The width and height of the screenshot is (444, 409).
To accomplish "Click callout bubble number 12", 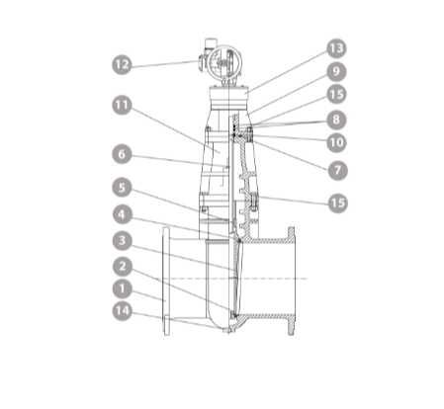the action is click(x=122, y=64).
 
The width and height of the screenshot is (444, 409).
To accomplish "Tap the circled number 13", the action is click(x=336, y=48).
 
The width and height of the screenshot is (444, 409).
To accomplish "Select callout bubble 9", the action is click(x=336, y=71).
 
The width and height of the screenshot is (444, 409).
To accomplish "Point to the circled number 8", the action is click(x=336, y=120).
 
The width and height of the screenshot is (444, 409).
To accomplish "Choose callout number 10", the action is click(x=336, y=142).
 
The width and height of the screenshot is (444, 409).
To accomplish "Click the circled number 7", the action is click(x=338, y=170).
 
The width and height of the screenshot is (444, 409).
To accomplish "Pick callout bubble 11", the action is click(x=122, y=106).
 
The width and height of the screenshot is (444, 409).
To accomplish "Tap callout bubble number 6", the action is click(x=122, y=154).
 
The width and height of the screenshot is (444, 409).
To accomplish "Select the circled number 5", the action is click(x=122, y=188).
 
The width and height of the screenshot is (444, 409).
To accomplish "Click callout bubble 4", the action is click(x=123, y=214).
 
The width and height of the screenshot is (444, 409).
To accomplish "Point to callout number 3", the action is click(x=123, y=240).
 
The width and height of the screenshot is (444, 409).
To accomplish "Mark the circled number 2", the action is click(x=123, y=267).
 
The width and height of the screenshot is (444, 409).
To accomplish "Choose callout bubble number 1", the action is click(x=122, y=288).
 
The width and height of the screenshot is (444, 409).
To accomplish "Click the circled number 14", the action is click(x=122, y=311).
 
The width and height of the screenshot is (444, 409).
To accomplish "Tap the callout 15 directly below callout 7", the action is click(x=338, y=204).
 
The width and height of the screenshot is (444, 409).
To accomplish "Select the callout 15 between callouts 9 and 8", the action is click(x=336, y=95).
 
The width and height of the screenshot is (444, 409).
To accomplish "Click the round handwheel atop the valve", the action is click(x=224, y=62).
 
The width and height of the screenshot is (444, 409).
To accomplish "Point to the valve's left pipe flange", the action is click(x=166, y=282).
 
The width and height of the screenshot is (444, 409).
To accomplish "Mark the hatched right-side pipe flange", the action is click(x=291, y=282).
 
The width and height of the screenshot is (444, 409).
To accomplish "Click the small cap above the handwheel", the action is click(x=211, y=42).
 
